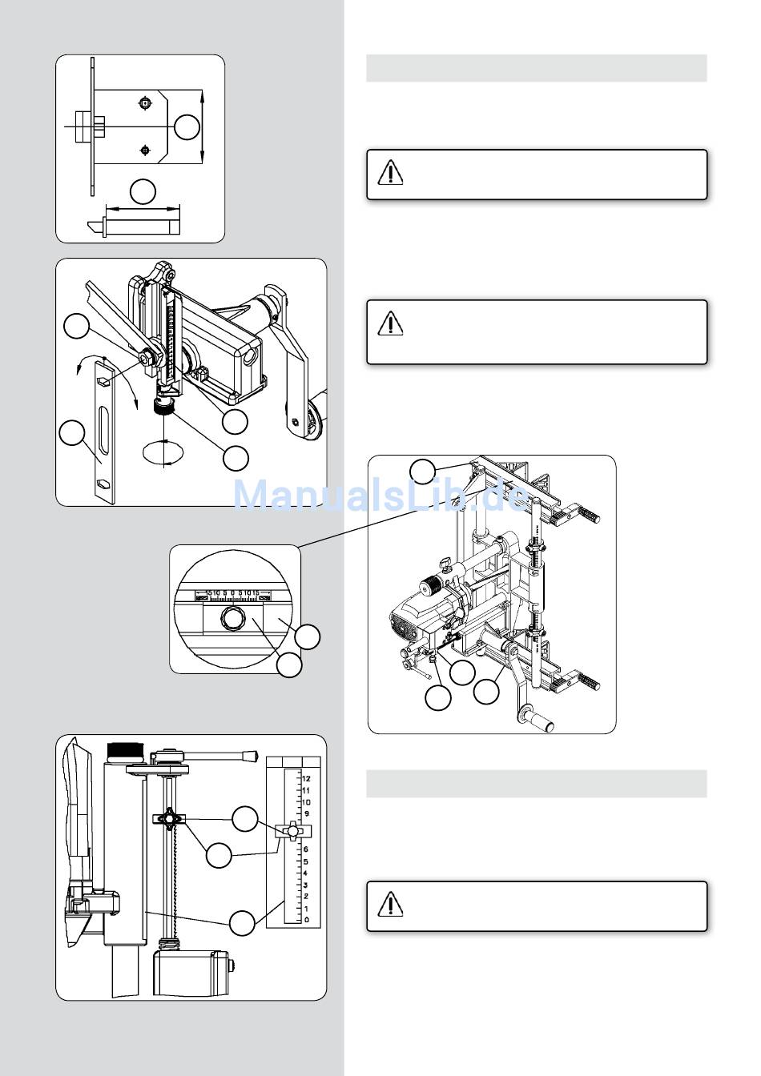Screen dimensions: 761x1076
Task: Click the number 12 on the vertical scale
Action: [306, 778]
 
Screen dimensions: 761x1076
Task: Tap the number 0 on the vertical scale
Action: [307, 920]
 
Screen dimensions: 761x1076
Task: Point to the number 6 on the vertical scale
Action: [307, 849]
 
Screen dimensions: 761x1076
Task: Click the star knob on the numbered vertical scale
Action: [294, 832]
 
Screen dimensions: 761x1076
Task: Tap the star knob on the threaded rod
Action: [169, 819]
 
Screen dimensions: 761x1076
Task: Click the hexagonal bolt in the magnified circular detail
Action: [232, 616]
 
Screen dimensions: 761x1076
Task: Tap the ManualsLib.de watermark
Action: [380, 495]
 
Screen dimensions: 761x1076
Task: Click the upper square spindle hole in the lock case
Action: [144, 102]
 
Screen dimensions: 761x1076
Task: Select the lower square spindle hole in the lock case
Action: [144, 149]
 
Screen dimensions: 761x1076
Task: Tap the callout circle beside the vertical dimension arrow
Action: [187, 127]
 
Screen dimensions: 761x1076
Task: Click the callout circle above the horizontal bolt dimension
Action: [143, 191]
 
